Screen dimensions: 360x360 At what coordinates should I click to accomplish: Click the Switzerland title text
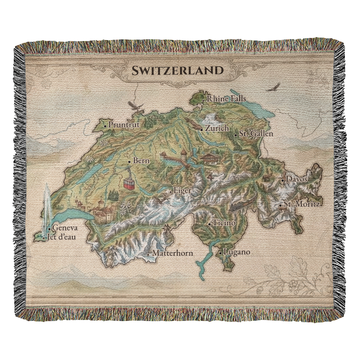(177, 71)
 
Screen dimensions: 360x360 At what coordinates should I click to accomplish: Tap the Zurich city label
(217, 128)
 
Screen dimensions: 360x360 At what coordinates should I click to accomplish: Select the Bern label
(141, 161)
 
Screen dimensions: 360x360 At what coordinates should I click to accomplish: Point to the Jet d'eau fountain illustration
(47, 209)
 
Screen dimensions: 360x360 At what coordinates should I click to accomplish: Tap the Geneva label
(65, 228)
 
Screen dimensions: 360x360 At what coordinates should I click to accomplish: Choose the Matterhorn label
(172, 253)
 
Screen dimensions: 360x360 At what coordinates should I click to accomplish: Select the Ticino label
(224, 223)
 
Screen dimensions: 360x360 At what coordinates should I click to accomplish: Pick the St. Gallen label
(256, 134)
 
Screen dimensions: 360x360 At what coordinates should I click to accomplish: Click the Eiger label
(182, 190)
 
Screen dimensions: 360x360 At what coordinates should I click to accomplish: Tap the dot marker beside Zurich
(202, 129)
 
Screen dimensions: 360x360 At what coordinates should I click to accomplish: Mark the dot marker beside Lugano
(220, 253)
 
